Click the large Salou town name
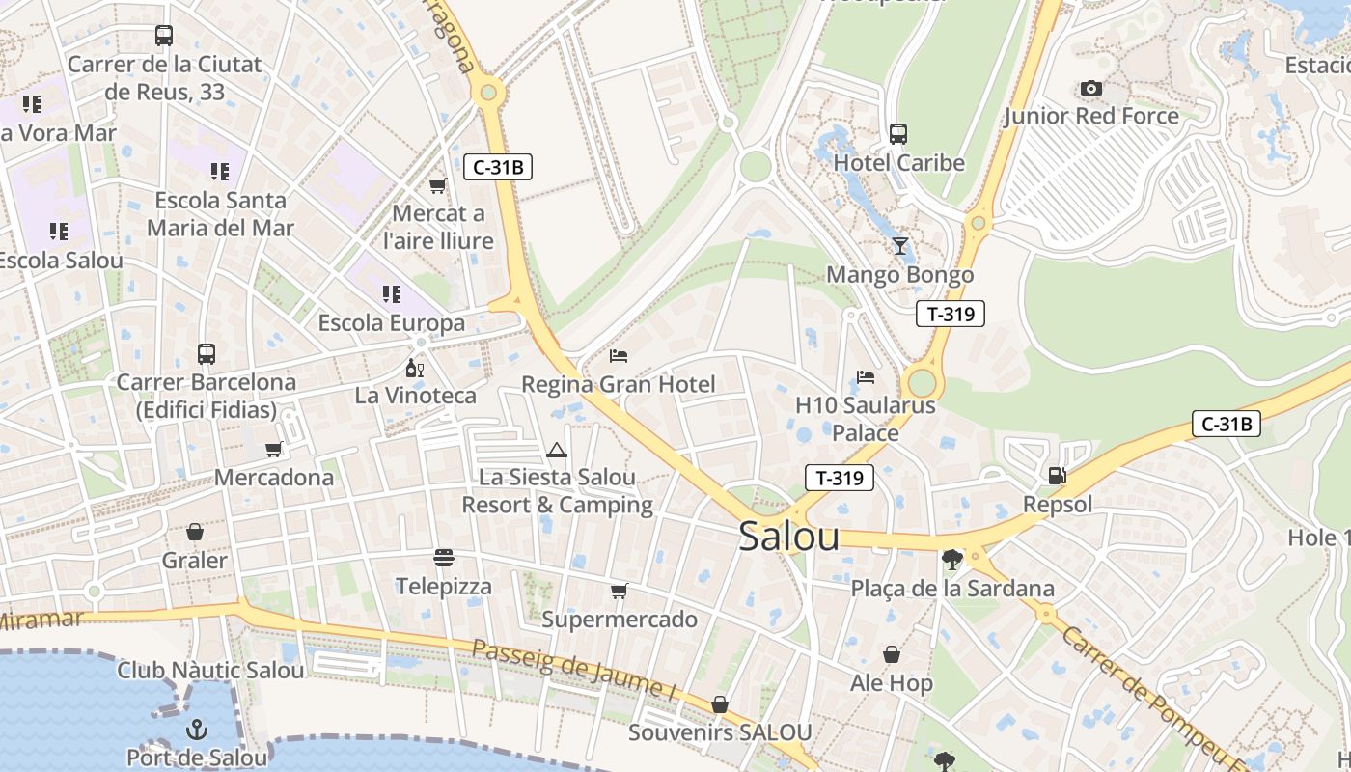(788, 538)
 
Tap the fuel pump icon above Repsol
(1058, 475)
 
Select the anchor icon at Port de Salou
(197, 729)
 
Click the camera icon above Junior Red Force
(1091, 89)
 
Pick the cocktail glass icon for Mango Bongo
(900, 246)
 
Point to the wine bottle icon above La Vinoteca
(415, 368)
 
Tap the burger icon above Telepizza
(444, 558)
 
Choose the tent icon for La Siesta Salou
(556, 450)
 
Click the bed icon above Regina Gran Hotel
(619, 356)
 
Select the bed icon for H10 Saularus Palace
(866, 376)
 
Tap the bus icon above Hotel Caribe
(898, 133)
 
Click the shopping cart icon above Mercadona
(274, 449)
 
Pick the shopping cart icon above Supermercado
(619, 591)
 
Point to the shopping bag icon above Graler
(195, 532)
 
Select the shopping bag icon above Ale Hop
(892, 655)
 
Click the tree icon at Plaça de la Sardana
(952, 559)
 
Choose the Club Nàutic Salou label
(210, 670)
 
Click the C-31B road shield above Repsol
(1227, 424)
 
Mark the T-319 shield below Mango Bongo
(950, 314)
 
